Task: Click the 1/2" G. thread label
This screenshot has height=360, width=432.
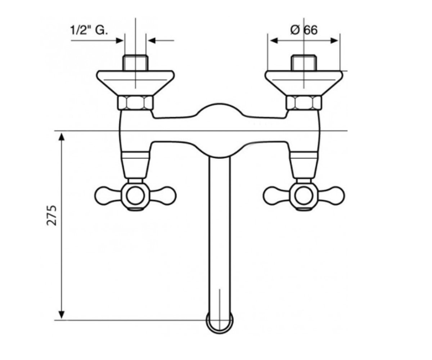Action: (x=89, y=30)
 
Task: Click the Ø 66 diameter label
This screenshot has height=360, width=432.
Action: (x=304, y=30)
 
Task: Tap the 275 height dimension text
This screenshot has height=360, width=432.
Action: (x=51, y=215)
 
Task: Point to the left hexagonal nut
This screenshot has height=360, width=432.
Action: (x=135, y=103)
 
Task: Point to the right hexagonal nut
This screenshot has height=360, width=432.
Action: (x=304, y=103)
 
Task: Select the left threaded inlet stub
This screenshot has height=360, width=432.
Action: (x=135, y=63)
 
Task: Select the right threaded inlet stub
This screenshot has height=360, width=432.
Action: (x=304, y=63)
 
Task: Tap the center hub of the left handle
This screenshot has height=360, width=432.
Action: (x=135, y=196)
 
